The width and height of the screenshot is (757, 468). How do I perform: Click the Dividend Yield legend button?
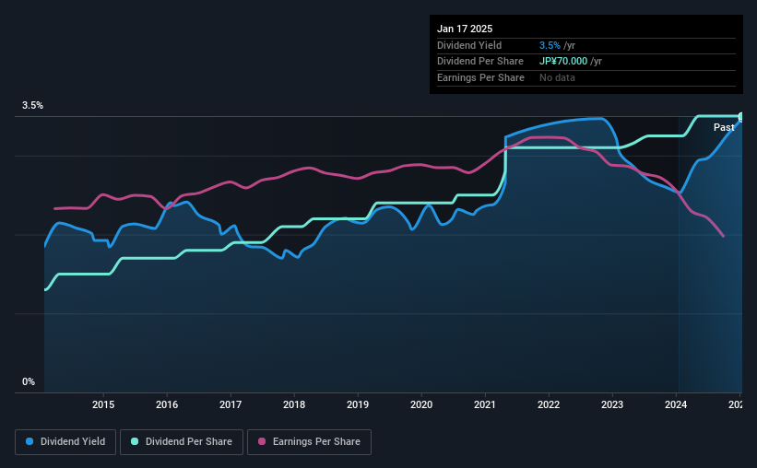[66, 442]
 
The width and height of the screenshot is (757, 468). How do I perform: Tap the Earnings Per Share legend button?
[310, 442]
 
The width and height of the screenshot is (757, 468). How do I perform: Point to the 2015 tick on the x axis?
[103, 404]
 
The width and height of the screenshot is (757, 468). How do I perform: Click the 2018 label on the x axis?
[294, 404]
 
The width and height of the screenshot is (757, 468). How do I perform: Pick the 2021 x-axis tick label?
[485, 404]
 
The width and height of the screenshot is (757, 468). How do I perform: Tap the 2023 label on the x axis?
[612, 404]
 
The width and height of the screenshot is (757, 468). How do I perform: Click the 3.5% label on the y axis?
[33, 106]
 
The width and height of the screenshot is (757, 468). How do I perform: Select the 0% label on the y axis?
[29, 381]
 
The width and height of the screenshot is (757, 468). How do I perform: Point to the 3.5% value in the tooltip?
[550, 45]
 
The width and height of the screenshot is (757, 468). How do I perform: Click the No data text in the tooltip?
[557, 77]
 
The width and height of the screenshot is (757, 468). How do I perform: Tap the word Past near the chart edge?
[724, 127]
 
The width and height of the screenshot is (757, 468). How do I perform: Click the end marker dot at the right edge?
[741, 117]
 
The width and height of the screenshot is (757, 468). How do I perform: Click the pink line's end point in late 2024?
[724, 237]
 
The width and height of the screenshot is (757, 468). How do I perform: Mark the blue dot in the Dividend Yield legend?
[30, 442]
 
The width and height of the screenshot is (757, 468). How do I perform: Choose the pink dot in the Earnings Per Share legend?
[262, 442]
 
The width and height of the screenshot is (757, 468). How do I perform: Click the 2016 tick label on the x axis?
[167, 404]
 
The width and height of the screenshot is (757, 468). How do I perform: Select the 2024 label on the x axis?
[676, 404]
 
